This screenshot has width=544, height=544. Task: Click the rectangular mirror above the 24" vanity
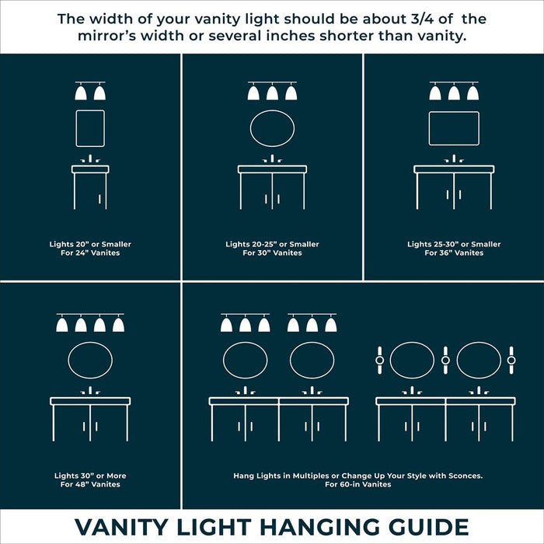click(x=90, y=128)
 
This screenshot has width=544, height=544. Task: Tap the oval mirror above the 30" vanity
click(x=272, y=128)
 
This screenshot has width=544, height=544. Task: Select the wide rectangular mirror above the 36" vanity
click(x=454, y=128)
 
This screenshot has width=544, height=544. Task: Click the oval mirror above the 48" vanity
click(x=90, y=361)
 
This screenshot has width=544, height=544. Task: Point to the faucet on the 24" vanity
click(x=90, y=159)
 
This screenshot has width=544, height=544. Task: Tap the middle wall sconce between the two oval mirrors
click(x=445, y=360)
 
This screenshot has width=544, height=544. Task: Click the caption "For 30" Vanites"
click(x=272, y=253)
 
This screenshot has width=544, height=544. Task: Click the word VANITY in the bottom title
click(x=127, y=527)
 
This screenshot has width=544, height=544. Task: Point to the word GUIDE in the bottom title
click(x=431, y=527)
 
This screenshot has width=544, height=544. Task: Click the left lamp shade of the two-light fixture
click(x=81, y=93)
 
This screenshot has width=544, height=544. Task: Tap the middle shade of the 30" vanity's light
click(x=272, y=93)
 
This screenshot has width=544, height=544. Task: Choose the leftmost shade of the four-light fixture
click(x=62, y=325)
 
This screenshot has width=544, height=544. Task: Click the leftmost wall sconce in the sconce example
click(x=379, y=360)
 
